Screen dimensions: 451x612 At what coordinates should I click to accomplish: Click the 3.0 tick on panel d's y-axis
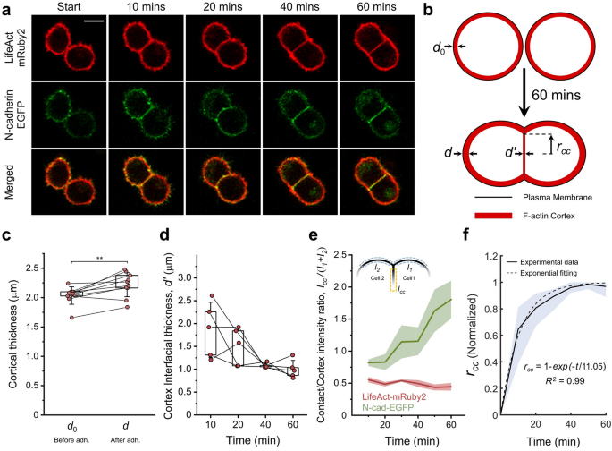click(187, 278)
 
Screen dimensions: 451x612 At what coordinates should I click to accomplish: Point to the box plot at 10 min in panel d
click(211, 333)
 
